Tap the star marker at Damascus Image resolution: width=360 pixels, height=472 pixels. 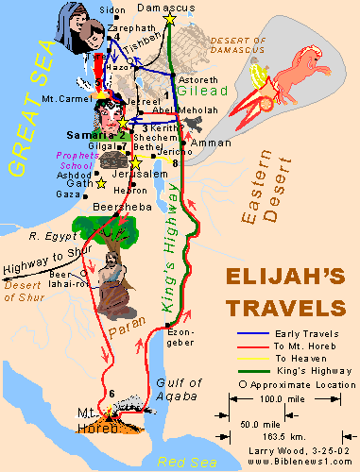click(170, 18)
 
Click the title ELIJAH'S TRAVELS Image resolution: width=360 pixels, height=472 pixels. click(283, 294)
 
